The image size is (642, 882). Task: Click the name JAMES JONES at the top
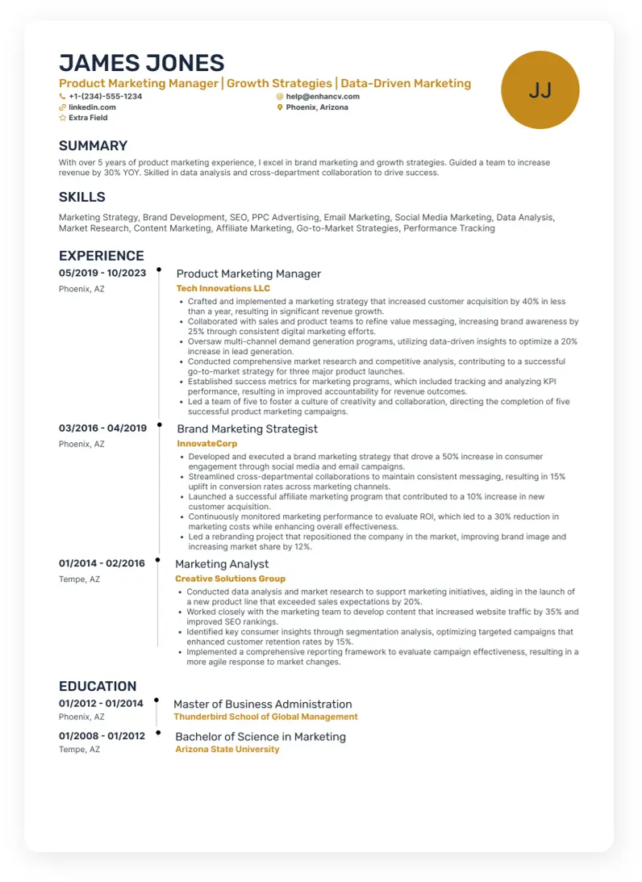point(141,63)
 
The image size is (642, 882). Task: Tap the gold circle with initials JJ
point(540,90)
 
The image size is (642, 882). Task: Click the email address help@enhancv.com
point(323,96)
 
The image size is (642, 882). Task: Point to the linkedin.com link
point(92,107)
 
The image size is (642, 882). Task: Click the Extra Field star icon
point(63,118)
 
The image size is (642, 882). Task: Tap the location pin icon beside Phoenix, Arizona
point(280,107)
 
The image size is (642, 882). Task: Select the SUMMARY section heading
point(93,146)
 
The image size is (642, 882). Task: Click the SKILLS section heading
point(82,197)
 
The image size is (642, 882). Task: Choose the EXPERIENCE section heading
point(102,256)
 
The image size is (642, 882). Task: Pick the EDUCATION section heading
point(98,686)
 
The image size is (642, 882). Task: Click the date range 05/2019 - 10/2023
point(102,274)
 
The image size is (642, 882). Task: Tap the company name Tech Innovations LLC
point(223,288)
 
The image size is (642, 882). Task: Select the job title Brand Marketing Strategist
point(247,428)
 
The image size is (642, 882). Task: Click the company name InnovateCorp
point(206,444)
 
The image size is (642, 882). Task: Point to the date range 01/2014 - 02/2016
point(102,563)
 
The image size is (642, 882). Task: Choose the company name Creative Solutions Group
point(230,579)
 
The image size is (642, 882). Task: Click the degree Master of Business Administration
point(263,704)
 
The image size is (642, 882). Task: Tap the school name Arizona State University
point(227,749)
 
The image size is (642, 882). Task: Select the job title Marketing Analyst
point(222,564)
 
